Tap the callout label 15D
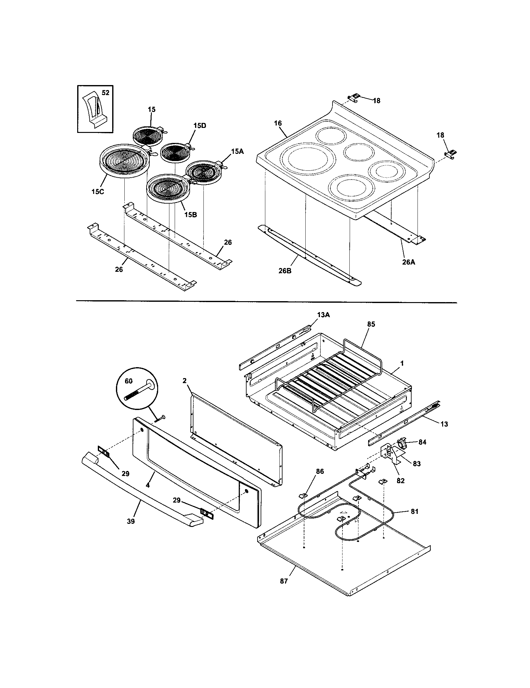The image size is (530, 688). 200,125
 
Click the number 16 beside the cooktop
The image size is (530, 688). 277,123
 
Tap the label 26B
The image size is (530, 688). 284,270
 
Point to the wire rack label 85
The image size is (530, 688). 371,324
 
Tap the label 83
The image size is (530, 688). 416,464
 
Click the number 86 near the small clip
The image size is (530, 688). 320,471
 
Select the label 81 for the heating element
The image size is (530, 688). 414,512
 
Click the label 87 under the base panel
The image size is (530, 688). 284,581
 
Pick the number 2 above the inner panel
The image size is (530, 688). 185,381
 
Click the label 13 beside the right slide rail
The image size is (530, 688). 444,424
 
